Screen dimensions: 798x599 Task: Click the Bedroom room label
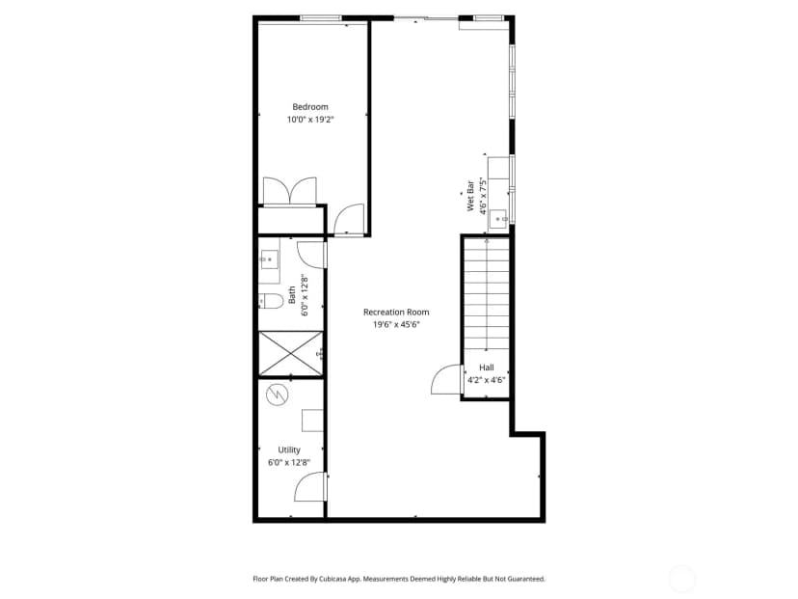point(310,107)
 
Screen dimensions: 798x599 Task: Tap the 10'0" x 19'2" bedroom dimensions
point(310,120)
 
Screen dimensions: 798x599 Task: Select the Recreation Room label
point(396,312)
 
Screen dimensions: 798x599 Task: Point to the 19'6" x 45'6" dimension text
point(396,324)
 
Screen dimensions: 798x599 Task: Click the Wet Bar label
point(470,196)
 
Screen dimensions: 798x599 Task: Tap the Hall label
point(487,368)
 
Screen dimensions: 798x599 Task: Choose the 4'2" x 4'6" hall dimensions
point(487,379)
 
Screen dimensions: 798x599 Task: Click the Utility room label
point(289,449)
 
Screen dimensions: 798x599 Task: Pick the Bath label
point(292,295)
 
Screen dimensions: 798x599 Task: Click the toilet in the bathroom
point(271,301)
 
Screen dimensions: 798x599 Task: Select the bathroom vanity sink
point(269,259)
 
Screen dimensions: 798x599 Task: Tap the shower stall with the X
point(291,354)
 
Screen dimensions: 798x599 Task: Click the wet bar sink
point(499,219)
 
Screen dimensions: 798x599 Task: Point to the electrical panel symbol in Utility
point(278,394)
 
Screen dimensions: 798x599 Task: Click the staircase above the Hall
point(487,294)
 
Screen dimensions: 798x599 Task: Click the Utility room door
point(309,486)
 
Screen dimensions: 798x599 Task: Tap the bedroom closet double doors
point(289,190)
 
